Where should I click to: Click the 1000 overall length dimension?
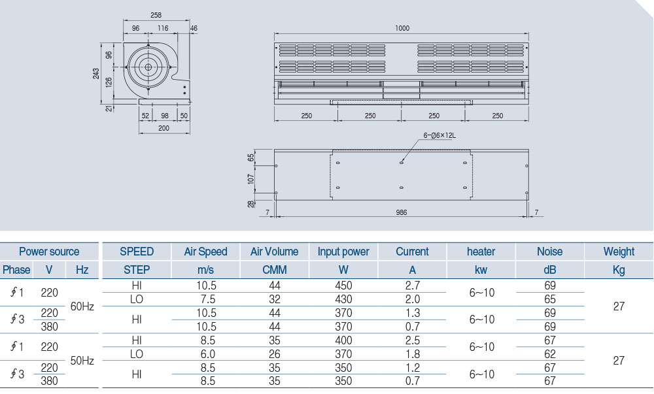pyautogui.click(x=402, y=28)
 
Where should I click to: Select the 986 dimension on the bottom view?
pyautogui.click(x=402, y=212)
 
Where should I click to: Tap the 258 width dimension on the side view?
pyautogui.click(x=156, y=14)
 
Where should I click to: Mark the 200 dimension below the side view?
pyautogui.click(x=163, y=128)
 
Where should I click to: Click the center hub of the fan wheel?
pyautogui.click(x=148, y=67)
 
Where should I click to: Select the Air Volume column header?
pyautogui.click(x=274, y=252)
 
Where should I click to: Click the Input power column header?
pyautogui.click(x=343, y=252)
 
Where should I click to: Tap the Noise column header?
pyautogui.click(x=549, y=252)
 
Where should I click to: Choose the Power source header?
pyautogui.click(x=49, y=252)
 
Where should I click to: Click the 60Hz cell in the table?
pyautogui.click(x=82, y=306)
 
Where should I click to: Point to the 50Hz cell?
pyautogui.click(x=82, y=361)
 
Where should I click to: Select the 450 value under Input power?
pyautogui.click(x=343, y=286)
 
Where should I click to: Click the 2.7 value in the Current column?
pyautogui.click(x=413, y=286)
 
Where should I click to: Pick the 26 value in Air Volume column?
pyautogui.click(x=274, y=354)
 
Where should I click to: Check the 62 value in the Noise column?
pyautogui.click(x=549, y=354)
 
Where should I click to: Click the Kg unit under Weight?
pyautogui.click(x=619, y=269)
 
